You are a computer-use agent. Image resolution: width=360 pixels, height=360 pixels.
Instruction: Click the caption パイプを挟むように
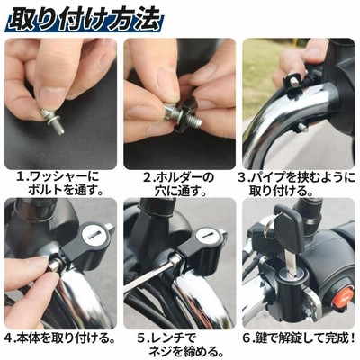302,177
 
